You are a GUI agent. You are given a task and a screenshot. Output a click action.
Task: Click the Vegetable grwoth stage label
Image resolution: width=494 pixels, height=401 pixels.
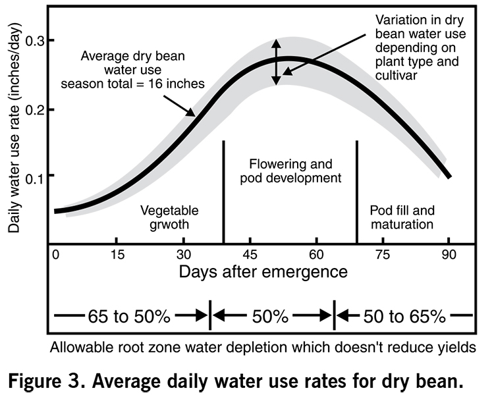(169, 217)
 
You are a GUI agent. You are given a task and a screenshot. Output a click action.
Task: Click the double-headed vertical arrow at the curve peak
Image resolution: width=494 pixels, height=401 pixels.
(277, 63)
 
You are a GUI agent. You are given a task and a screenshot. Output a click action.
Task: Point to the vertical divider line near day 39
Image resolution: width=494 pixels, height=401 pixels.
(224, 191)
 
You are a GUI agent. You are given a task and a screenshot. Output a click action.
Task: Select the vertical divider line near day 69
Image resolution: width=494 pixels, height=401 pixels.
(356, 191)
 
